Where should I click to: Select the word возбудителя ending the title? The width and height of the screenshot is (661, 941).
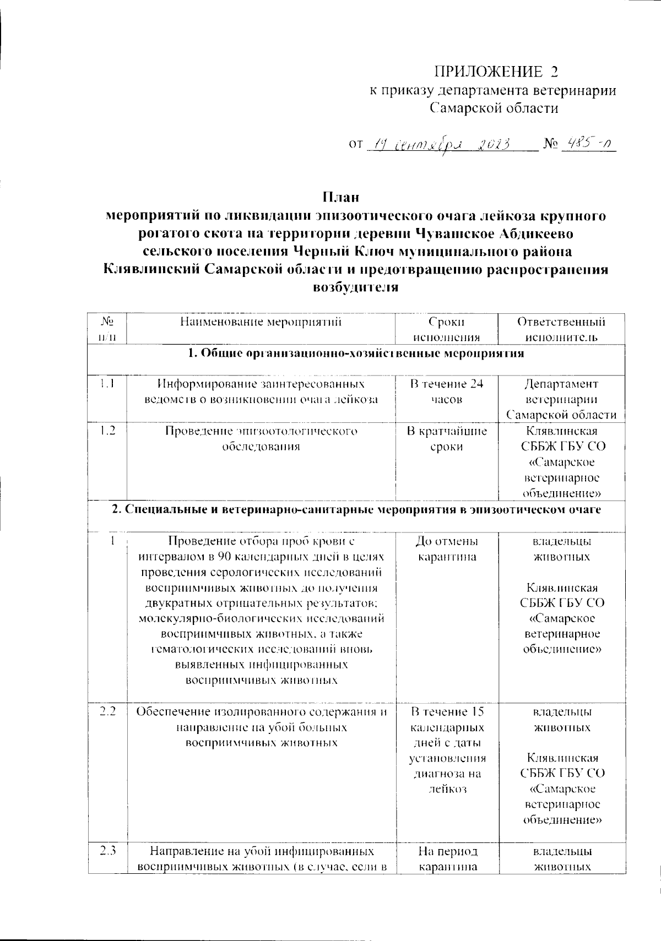[355, 287]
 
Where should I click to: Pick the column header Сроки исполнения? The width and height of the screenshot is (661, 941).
[446, 329]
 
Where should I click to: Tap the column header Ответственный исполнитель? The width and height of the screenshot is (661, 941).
[561, 329]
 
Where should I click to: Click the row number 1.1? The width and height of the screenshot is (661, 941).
[107, 384]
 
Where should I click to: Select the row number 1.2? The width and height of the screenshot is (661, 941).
[107, 431]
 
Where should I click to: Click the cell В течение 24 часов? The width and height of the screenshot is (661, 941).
[446, 391]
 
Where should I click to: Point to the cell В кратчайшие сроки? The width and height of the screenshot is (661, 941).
[446, 438]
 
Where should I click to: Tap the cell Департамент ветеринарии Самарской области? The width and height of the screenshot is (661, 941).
[561, 399]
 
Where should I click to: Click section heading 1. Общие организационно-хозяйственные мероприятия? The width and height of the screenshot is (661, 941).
[355, 353]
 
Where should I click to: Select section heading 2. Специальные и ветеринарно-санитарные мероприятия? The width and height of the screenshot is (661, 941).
[355, 510]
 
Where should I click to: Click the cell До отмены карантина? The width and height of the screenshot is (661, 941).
[446, 549]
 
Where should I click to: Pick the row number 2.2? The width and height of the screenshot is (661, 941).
[107, 711]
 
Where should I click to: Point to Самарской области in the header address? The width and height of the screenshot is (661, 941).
[494, 108]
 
